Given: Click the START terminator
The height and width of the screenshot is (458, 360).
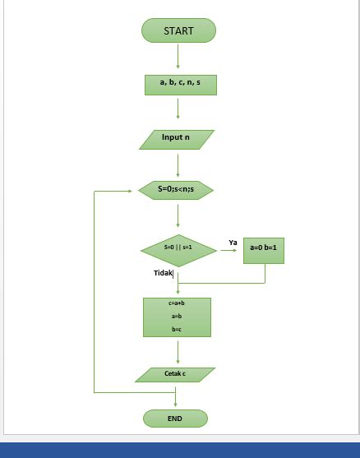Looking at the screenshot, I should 178,31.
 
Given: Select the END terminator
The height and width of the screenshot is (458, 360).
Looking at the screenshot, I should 175,419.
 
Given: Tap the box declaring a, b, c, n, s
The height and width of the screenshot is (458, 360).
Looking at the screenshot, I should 180,84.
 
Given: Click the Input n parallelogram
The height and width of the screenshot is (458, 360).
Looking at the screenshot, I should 176,139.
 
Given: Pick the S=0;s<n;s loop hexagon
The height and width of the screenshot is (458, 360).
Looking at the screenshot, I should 176,190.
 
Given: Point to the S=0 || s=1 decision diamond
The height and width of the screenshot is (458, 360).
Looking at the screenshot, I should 178,248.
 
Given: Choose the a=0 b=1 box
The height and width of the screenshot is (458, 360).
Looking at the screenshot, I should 264,248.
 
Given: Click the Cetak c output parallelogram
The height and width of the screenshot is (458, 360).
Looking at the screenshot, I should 175,374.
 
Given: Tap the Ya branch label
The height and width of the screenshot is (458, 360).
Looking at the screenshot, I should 233,243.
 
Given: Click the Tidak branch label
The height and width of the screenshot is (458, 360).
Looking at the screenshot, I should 163,273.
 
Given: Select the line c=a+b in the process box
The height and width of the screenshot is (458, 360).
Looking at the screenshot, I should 177,303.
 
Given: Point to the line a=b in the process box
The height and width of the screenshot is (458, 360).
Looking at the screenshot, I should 177,316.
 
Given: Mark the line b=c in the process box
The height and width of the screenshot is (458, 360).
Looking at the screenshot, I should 177,329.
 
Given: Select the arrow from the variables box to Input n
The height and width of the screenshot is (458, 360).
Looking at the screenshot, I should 178,108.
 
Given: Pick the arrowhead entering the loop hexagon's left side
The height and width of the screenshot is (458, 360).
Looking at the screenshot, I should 128,191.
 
